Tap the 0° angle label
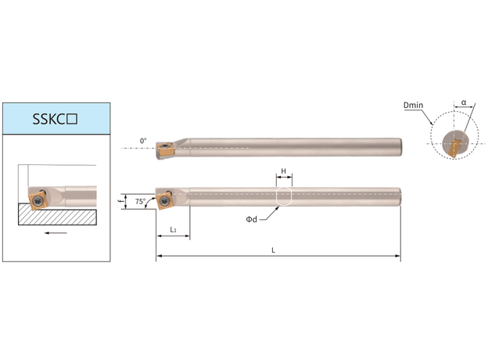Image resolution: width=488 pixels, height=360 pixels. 143,141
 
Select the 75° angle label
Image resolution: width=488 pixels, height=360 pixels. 140,201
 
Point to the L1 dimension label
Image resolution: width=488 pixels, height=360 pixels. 173,230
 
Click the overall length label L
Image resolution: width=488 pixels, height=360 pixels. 273,250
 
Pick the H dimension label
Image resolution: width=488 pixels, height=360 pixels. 284,171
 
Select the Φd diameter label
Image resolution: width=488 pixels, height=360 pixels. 252,219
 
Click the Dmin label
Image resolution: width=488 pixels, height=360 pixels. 413,105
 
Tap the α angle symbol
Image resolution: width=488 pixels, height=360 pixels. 464,103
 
